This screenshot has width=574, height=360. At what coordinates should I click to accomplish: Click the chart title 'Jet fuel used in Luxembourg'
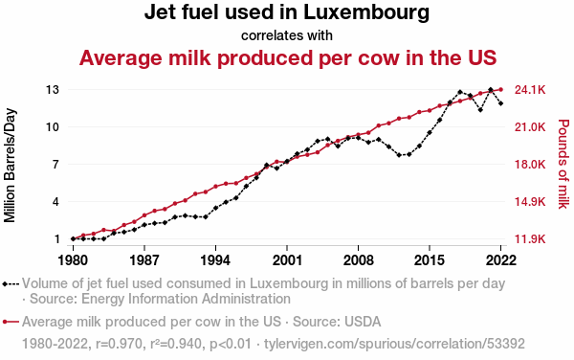287,12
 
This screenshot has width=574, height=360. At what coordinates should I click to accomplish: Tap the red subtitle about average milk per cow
288,57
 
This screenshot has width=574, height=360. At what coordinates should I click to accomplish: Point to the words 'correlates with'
287,35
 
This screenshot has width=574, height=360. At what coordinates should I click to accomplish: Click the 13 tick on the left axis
53,89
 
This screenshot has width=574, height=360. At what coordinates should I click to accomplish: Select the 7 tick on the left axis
55,165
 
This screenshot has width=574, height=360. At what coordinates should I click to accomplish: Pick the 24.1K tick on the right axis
530,90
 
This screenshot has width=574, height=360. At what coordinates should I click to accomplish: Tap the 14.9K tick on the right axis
530,202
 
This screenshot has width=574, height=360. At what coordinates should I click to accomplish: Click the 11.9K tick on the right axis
530,239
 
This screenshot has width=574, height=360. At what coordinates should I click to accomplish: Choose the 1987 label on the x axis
144,260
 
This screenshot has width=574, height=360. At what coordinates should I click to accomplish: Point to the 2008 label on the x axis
358,260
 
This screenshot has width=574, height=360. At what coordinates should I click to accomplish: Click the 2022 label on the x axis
500,260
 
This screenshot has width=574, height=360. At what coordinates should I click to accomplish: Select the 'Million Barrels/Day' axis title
10,166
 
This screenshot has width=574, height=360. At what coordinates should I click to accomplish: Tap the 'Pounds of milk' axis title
563,164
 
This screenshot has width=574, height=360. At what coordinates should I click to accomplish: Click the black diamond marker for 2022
500,103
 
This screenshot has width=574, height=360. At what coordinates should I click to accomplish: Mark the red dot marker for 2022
500,89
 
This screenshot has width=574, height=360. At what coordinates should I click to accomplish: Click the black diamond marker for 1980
74,238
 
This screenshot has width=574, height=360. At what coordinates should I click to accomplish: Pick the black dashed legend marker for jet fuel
11,283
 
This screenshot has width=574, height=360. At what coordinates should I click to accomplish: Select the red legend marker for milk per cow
11,322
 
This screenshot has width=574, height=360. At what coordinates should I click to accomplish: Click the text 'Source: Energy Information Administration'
161,299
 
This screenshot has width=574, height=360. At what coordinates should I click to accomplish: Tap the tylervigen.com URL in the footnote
394,344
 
